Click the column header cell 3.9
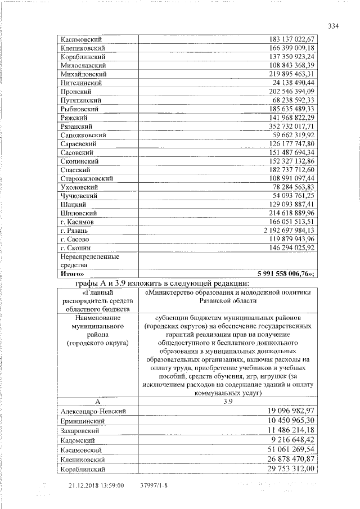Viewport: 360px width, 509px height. [x=228, y=402]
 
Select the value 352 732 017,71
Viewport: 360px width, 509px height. [x=287, y=127]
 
